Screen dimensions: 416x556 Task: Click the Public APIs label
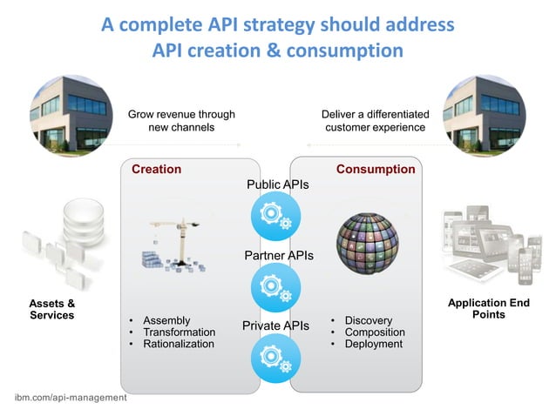pyautogui.click(x=278, y=185)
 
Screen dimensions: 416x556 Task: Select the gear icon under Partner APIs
pyautogui.click(x=276, y=287)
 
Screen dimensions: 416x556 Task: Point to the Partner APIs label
pyautogui.click(x=278, y=256)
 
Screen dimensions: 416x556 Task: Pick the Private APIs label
pyautogui.click(x=275, y=325)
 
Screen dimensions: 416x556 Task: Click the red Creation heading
pyautogui.click(x=156, y=169)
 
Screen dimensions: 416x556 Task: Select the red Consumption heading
pyautogui.click(x=376, y=169)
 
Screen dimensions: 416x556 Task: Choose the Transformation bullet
pyautogui.click(x=179, y=332)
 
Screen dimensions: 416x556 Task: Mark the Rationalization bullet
pyautogui.click(x=178, y=344)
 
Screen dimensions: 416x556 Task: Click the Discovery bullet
pyautogui.click(x=368, y=320)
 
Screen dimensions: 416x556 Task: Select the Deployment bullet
pyautogui.click(x=373, y=344)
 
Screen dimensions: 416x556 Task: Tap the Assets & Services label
pyautogui.click(x=52, y=309)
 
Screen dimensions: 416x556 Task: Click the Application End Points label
pyautogui.click(x=488, y=309)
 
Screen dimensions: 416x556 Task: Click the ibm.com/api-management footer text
pyautogui.click(x=71, y=397)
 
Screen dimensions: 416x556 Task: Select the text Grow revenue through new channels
pyautogui.click(x=181, y=120)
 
